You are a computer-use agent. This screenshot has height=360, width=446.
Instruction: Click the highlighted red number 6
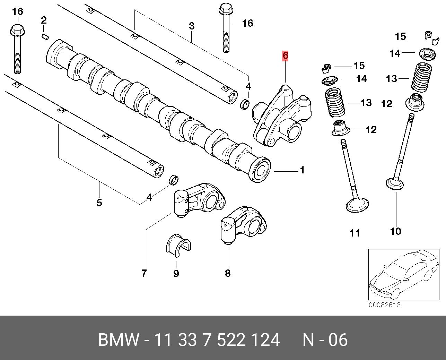click(x=285, y=55)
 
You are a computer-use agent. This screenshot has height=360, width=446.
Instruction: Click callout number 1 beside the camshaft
click(x=302, y=170)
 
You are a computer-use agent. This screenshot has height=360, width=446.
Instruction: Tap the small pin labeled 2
click(x=45, y=36)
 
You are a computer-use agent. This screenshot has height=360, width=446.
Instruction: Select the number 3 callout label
click(x=192, y=26)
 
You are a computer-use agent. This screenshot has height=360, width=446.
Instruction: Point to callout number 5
click(x=99, y=203)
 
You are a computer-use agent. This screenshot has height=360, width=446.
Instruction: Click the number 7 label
click(x=144, y=273)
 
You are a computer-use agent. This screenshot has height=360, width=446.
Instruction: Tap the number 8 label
click(x=228, y=273)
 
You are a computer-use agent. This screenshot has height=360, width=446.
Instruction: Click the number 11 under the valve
click(x=355, y=233)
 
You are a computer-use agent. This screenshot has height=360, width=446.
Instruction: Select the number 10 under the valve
click(x=395, y=231)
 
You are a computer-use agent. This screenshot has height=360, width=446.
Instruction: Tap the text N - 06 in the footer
click(x=325, y=340)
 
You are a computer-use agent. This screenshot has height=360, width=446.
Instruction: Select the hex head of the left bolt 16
click(x=16, y=31)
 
